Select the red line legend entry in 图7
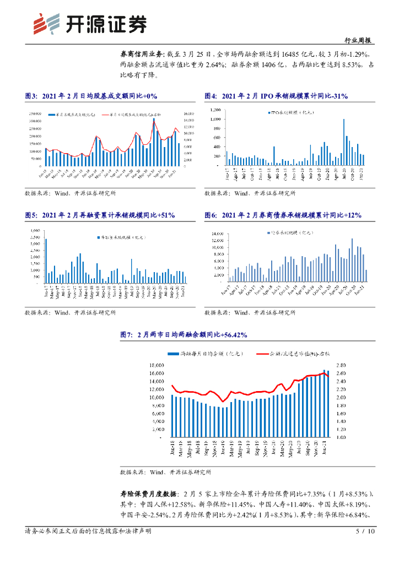click(x=287, y=352)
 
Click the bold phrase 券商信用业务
click(x=142, y=55)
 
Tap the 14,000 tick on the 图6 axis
click(x=219, y=234)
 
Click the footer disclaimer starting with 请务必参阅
click(x=88, y=532)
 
